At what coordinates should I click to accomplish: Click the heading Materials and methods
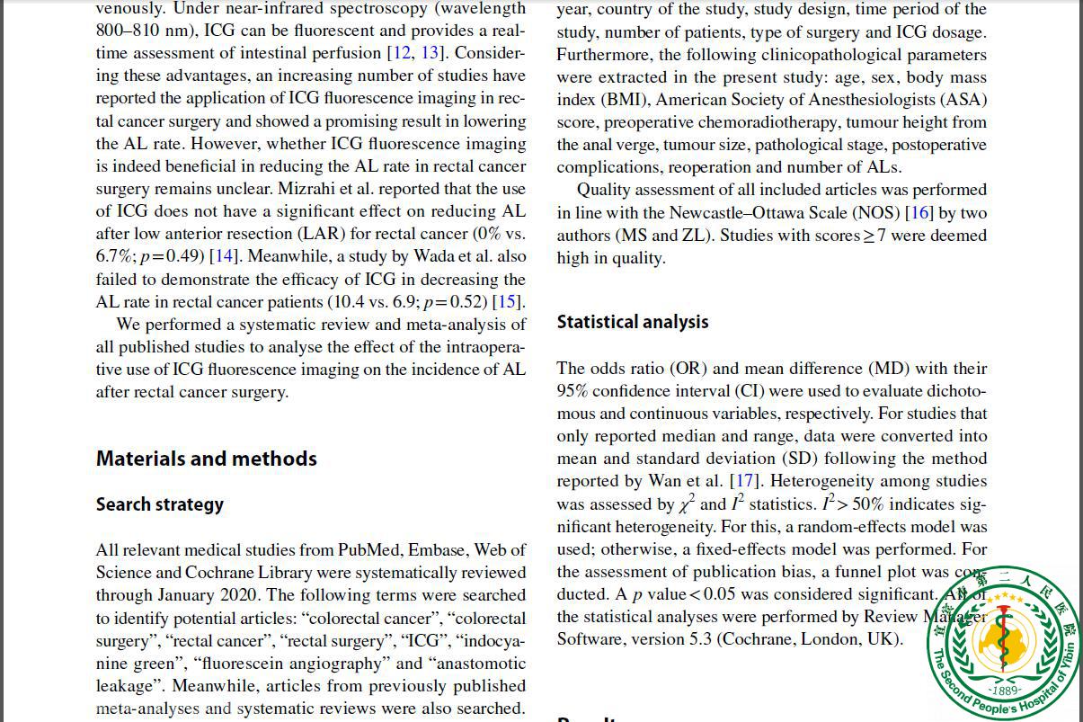pos(206,459)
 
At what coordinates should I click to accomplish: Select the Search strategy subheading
pos(159,504)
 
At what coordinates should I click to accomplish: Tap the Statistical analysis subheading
pos(633,322)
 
